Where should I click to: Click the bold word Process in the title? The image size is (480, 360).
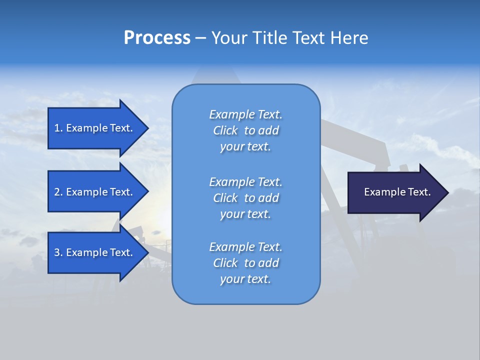click(x=157, y=38)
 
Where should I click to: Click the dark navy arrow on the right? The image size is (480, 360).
click(x=395, y=192)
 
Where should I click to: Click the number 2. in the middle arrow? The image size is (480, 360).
click(x=58, y=192)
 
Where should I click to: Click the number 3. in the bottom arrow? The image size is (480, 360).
click(x=58, y=252)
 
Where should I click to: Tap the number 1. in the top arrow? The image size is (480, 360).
click(x=58, y=128)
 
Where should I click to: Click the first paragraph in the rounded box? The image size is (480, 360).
click(x=245, y=130)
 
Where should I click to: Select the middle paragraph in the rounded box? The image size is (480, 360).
click(x=245, y=198)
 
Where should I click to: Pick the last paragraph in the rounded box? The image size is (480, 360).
click(x=245, y=263)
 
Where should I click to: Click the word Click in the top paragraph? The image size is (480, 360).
click(x=225, y=130)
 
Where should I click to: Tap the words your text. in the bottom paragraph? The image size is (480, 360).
click(x=245, y=279)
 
